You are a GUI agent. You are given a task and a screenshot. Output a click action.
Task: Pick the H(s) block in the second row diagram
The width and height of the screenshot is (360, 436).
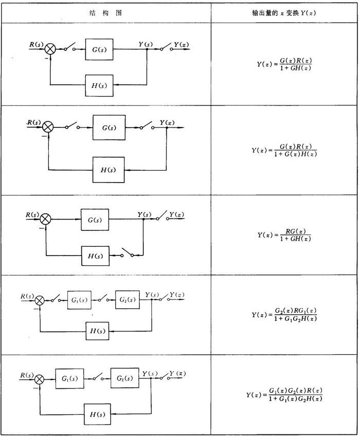tap(109, 169)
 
